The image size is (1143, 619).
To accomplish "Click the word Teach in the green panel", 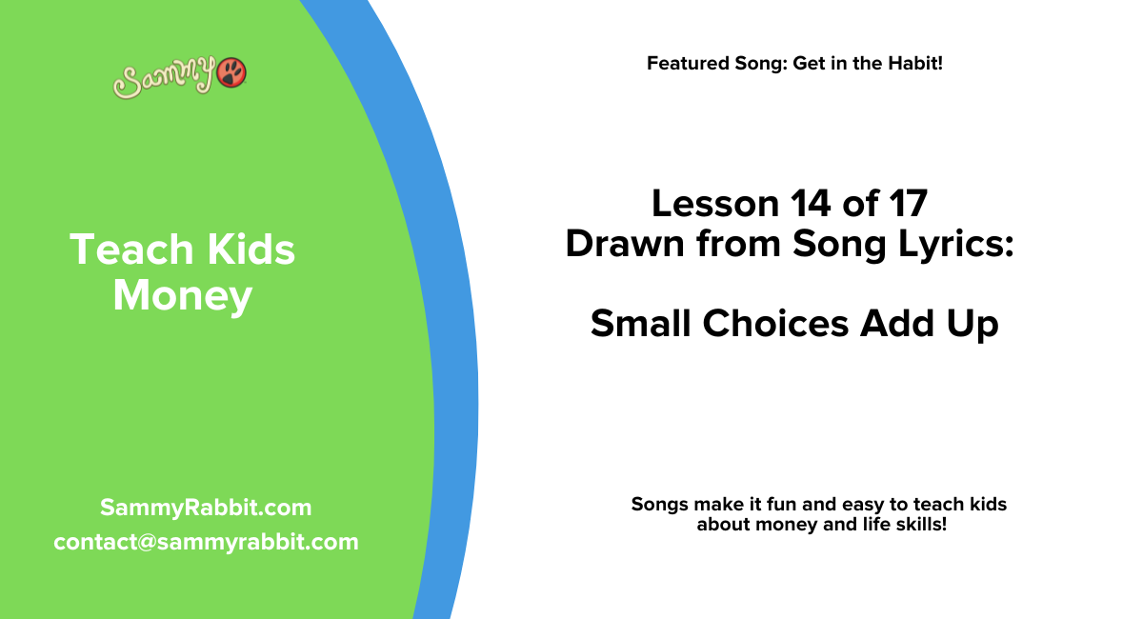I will pyautogui.click(x=118, y=250).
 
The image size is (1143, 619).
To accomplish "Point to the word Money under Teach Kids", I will pyautogui.click(x=182, y=295).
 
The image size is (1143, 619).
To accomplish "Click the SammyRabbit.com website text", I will pyautogui.click(x=206, y=508).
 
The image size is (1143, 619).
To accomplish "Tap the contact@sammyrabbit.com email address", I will pyautogui.click(x=206, y=542).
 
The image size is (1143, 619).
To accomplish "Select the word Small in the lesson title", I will pyautogui.click(x=641, y=324).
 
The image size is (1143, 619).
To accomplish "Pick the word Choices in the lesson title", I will pyautogui.click(x=776, y=324).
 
